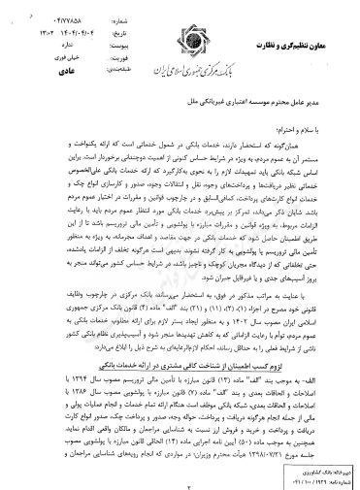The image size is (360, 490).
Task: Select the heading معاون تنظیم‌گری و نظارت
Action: [x=294, y=14]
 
